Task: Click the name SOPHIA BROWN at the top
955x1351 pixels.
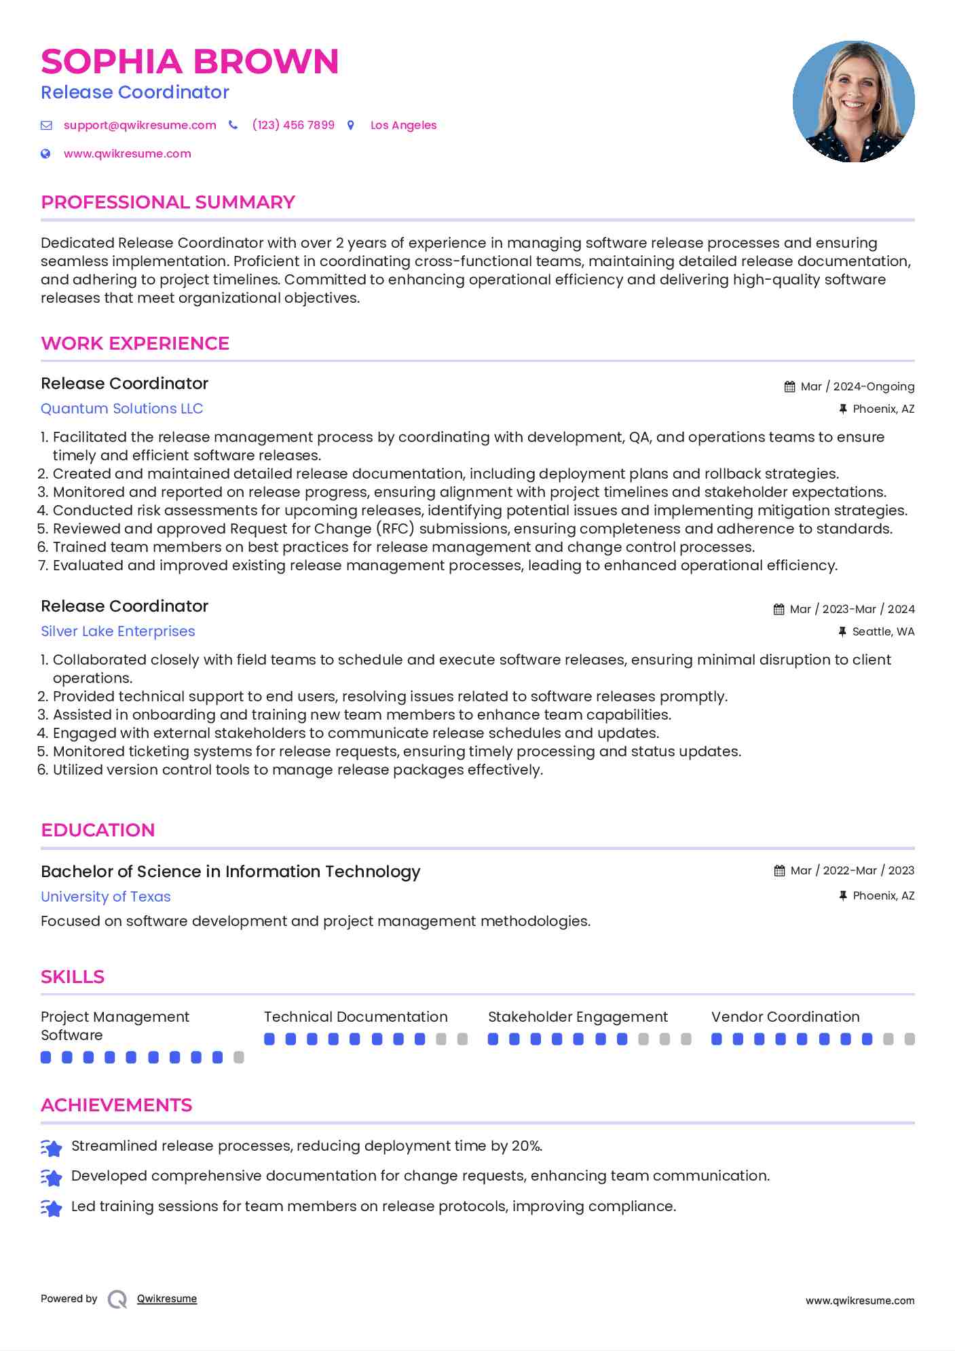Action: pos(189,62)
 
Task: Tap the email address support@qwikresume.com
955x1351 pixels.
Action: pos(140,125)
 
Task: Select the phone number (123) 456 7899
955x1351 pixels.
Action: pos(293,125)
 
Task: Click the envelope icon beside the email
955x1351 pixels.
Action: pos(46,126)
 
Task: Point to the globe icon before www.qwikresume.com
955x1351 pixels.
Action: pos(45,154)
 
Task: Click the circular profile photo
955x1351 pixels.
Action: pos(853,102)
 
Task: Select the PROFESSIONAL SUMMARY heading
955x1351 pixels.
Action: pos(168,202)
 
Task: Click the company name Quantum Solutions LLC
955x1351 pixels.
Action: pos(121,409)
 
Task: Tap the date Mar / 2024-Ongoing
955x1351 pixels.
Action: pos(857,387)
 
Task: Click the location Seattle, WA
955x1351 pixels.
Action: pos(883,632)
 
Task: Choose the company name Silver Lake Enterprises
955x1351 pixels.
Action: pos(117,631)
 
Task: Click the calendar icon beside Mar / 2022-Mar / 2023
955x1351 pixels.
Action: pos(779,871)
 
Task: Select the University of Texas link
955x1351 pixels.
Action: pos(105,897)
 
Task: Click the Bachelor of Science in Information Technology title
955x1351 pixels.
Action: pos(230,872)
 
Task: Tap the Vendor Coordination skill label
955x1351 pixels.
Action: pos(785,1017)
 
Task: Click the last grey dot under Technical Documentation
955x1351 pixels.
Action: pos(463,1039)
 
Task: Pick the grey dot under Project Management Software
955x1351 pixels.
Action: pos(239,1058)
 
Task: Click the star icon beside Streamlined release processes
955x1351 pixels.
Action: pos(52,1147)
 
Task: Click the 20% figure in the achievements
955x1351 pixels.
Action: pos(526,1146)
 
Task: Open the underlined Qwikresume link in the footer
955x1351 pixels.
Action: pos(166,1299)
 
